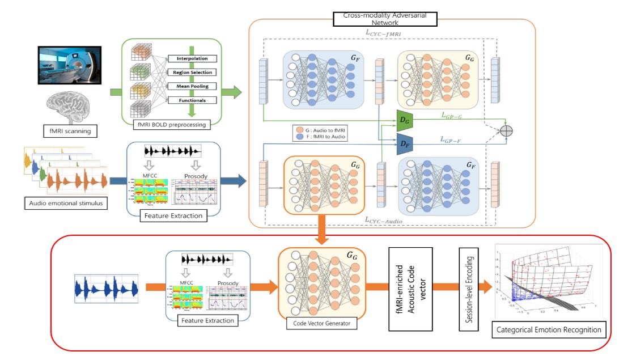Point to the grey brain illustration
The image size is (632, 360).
tap(70, 108)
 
